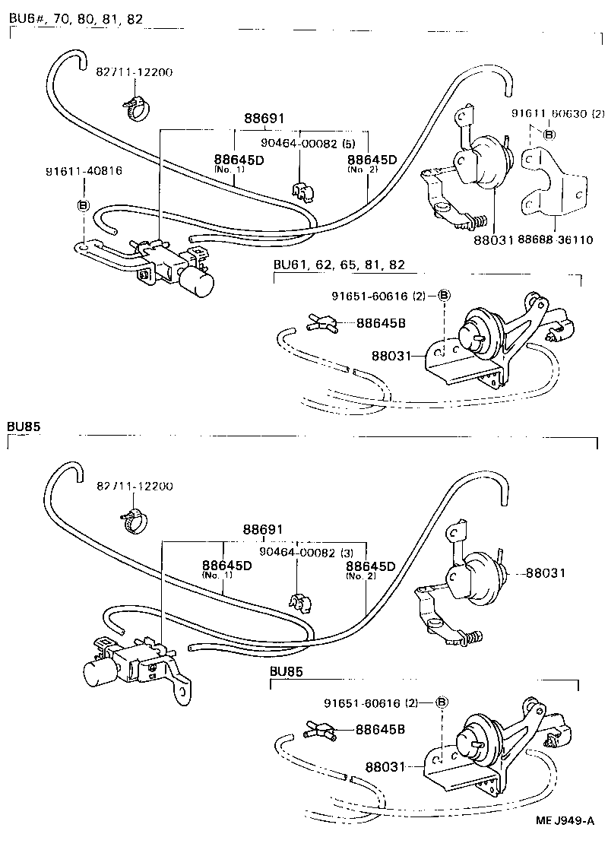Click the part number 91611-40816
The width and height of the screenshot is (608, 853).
84,171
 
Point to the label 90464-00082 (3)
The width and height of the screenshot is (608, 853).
296,553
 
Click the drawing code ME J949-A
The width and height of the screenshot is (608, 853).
565,820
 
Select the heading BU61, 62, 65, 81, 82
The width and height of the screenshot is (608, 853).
339,265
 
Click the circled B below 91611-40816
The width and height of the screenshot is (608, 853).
83,205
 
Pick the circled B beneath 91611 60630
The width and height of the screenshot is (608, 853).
549,135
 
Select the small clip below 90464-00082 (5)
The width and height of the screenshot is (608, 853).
302,192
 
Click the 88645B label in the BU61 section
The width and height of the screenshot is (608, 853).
381,323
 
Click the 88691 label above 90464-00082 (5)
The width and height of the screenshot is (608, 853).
264,119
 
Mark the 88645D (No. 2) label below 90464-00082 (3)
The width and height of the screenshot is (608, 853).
371,569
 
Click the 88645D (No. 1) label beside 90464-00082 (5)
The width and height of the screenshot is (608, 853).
239,162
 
